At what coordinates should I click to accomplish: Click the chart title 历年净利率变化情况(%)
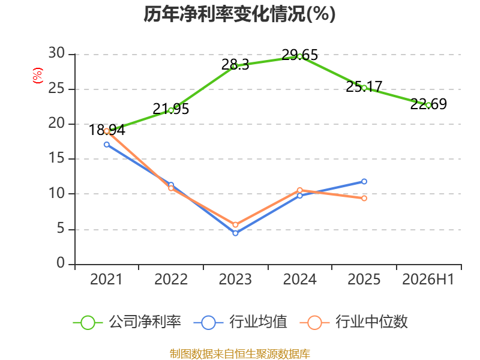pyautogui.click(x=239, y=14)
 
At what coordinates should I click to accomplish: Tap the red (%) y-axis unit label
pyautogui.click(x=38, y=76)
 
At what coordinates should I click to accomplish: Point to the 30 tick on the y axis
pyautogui.click(x=56, y=53)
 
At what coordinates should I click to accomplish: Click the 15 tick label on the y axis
pyautogui.click(x=56, y=158)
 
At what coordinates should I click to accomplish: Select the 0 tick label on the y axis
pyautogui.click(x=61, y=263)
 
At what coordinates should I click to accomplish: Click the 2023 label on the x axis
pyautogui.click(x=235, y=280)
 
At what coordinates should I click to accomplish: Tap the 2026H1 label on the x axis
pyautogui.click(x=428, y=280)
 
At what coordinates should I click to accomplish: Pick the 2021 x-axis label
pyautogui.click(x=106, y=280)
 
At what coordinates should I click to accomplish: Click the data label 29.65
pyautogui.click(x=299, y=55)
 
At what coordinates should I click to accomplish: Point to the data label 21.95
pyautogui.click(x=171, y=109)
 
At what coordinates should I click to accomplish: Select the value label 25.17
pyautogui.click(x=364, y=86)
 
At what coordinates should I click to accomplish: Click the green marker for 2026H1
pyautogui.click(x=428, y=106)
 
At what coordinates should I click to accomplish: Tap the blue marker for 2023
pyautogui.click(x=235, y=233)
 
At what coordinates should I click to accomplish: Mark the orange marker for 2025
pyautogui.click(x=364, y=199)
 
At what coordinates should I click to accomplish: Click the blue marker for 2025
pyautogui.click(x=364, y=182)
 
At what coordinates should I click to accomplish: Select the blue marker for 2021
pyautogui.click(x=107, y=145)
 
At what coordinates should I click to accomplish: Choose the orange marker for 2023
pyautogui.click(x=235, y=225)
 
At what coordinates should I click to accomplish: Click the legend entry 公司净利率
pyautogui.click(x=127, y=322)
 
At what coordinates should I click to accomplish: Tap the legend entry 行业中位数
pyautogui.click(x=354, y=322)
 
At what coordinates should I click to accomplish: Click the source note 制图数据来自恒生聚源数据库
pyautogui.click(x=240, y=354)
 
